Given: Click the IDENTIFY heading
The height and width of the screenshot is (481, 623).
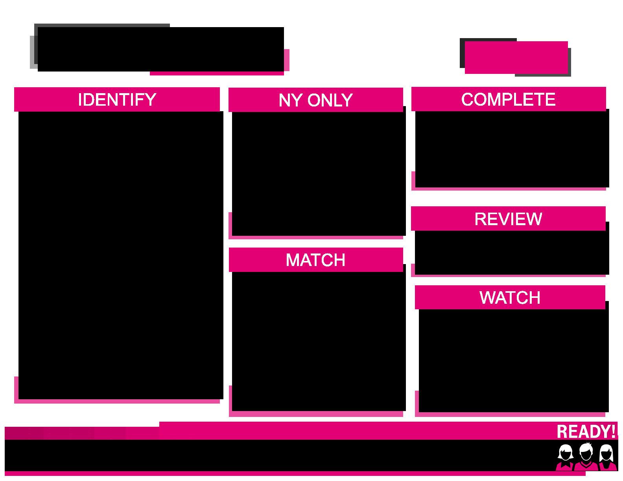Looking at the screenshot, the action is (117, 99).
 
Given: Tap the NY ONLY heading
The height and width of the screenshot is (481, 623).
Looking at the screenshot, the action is (315, 100).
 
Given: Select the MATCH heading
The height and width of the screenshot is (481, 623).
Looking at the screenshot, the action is (315, 260).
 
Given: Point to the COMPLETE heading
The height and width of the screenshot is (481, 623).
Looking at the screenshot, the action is (508, 99).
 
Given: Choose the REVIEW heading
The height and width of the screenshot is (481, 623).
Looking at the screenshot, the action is (508, 219).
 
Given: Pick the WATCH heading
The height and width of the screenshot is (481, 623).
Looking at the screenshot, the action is (510, 297).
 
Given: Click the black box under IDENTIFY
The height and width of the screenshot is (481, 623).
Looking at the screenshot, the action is (121, 255).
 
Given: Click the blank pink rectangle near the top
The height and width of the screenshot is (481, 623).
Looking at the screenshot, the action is (516, 57).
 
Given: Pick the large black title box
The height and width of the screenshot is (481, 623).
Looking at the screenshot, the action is (160, 49).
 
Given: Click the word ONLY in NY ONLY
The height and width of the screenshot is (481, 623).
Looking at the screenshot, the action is (330, 100).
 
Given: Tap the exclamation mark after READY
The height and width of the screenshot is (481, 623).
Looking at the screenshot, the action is (614, 431).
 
